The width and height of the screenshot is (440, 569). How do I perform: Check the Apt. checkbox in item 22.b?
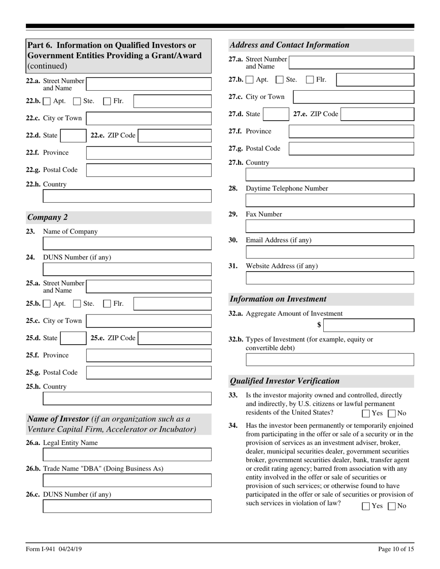click(47, 101)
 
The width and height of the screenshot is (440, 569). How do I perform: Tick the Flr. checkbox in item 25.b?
click(107, 304)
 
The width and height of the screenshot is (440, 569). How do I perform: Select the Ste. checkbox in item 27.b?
click(279, 80)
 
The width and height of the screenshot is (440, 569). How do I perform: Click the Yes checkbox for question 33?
click(366, 414)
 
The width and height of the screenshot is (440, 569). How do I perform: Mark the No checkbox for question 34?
click(391, 506)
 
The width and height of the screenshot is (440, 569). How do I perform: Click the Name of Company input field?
click(127, 243)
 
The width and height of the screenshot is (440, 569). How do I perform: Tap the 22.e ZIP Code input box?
click(174, 136)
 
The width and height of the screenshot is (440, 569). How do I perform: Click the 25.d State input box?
click(73, 338)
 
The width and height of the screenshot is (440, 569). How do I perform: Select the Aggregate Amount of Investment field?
click(368, 325)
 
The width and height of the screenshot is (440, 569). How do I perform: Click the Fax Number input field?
click(329, 226)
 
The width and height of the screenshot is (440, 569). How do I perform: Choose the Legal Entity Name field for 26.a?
click(127, 455)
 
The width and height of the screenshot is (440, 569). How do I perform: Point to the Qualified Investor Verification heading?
click(284, 381)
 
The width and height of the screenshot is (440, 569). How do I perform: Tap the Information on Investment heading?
click(278, 299)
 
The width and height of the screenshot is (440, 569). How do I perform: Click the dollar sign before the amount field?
click(319, 325)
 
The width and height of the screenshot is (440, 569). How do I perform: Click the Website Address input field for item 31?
click(329, 278)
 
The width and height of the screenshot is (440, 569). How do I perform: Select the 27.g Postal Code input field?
click(351, 148)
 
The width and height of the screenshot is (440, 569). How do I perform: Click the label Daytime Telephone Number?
click(287, 188)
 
